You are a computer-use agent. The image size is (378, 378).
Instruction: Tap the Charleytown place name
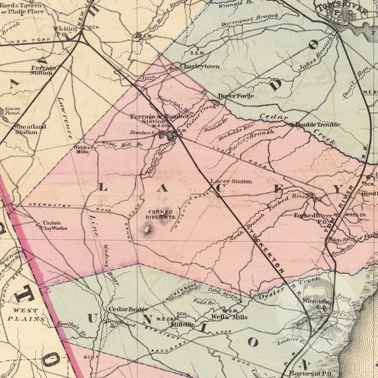click(x=199, y=66)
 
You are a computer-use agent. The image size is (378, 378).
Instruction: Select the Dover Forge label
click(x=236, y=96)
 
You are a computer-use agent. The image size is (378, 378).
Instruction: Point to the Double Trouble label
click(x=318, y=125)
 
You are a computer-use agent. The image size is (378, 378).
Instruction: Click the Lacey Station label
click(x=231, y=181)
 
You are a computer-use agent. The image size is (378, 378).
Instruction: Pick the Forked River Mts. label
click(x=159, y=214)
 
